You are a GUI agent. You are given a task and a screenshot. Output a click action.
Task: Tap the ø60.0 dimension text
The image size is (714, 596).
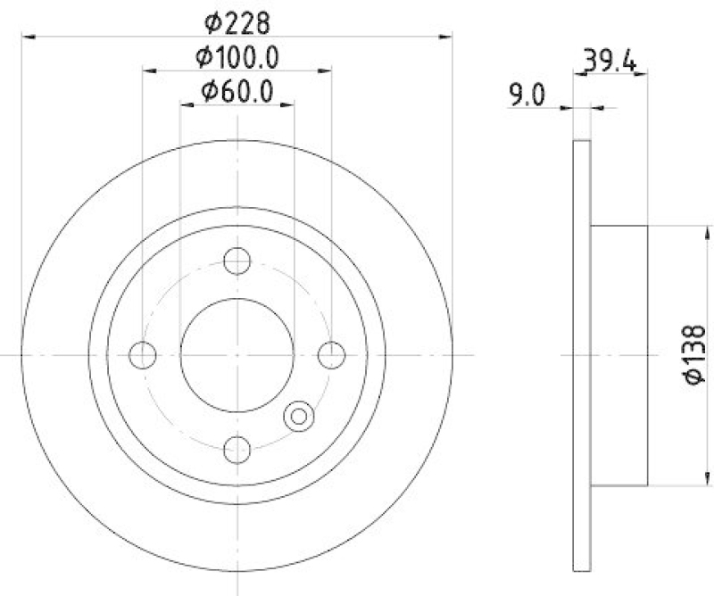pyautogui.click(x=237, y=90)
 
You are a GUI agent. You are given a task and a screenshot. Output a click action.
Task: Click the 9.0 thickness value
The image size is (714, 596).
pyautogui.click(x=526, y=95)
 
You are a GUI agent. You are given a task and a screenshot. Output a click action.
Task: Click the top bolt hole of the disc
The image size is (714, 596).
pyautogui.click(x=237, y=261)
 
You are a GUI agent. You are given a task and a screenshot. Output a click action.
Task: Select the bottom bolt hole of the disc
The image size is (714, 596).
pyautogui.click(x=237, y=450)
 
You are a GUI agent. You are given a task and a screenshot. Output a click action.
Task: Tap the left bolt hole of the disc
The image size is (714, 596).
pyautogui.click(x=143, y=355)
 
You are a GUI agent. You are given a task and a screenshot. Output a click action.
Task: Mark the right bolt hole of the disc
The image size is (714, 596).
pyautogui.click(x=332, y=355)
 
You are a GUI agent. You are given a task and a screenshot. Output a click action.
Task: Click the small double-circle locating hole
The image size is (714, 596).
pyautogui.click(x=298, y=415)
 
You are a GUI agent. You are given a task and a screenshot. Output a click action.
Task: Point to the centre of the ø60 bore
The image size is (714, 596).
pyautogui.click(x=237, y=355)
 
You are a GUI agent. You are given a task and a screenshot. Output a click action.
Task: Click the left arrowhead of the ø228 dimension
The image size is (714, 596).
pyautogui.click(x=27, y=37)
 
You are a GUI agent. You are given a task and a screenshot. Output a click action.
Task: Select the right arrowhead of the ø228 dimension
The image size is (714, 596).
pyautogui.click(x=448, y=37)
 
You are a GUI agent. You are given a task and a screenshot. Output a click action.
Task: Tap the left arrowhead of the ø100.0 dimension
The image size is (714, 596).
pyautogui.click(x=148, y=70)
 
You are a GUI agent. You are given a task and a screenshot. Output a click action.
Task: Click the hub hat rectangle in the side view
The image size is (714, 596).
pyautogui.click(x=619, y=355)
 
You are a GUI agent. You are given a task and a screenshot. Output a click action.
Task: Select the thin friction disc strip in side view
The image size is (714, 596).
pyautogui.click(x=581, y=355)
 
